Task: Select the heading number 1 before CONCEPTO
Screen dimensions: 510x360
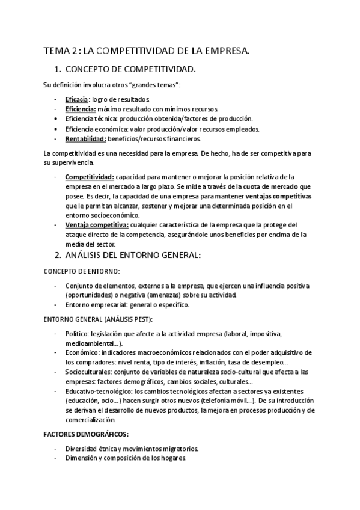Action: (x=58, y=69)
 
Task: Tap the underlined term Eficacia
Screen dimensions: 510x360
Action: (x=77, y=99)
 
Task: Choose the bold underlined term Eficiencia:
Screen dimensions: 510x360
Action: (x=81, y=109)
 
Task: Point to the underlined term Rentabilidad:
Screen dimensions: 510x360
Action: (x=85, y=138)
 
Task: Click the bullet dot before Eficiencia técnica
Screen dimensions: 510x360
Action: (x=55, y=118)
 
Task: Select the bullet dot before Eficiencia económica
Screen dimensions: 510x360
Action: (x=55, y=129)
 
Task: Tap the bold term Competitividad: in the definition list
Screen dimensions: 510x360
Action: (x=90, y=177)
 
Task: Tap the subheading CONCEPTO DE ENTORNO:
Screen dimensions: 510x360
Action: (x=82, y=271)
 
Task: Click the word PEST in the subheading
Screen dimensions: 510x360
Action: (x=141, y=318)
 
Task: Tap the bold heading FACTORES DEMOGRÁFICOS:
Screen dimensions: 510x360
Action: (x=86, y=433)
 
